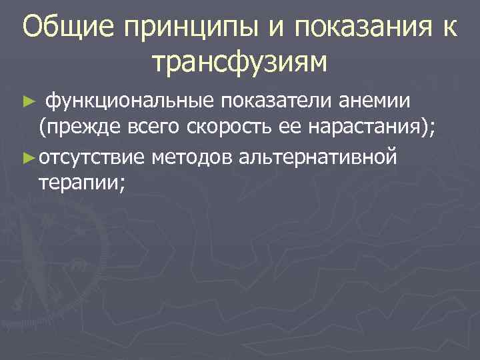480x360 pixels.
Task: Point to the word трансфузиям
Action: click(x=240, y=63)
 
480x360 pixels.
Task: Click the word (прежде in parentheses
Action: click(x=79, y=129)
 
